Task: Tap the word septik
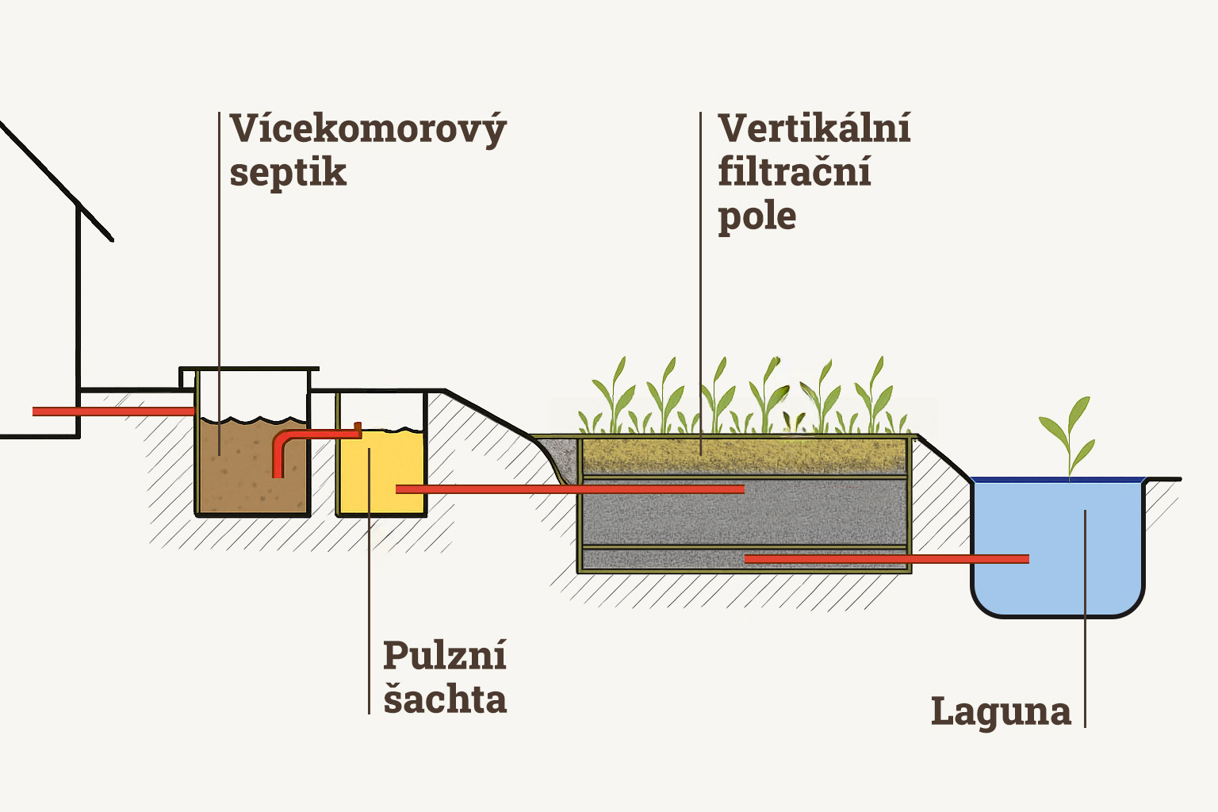tap(288, 173)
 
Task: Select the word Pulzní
tap(444, 657)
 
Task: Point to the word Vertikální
tap(814, 128)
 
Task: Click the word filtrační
tap(795, 172)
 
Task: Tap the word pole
tap(756, 216)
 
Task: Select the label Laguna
tap(1001, 711)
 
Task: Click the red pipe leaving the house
tap(111, 411)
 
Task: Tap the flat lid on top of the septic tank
tap(249, 370)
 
